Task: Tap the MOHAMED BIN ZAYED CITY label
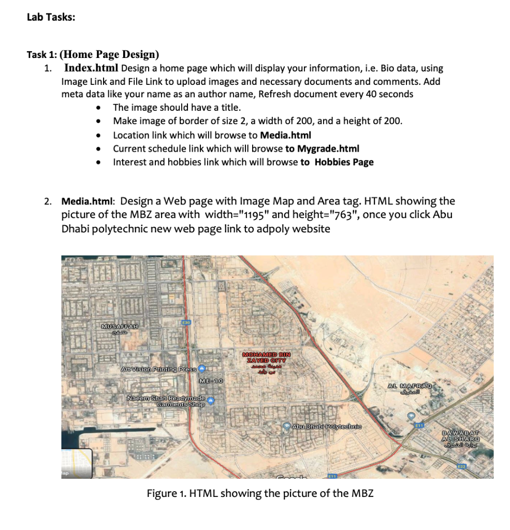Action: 267,358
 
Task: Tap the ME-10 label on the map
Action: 211,381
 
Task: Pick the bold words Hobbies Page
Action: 344,162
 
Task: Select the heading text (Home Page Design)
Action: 110,54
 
